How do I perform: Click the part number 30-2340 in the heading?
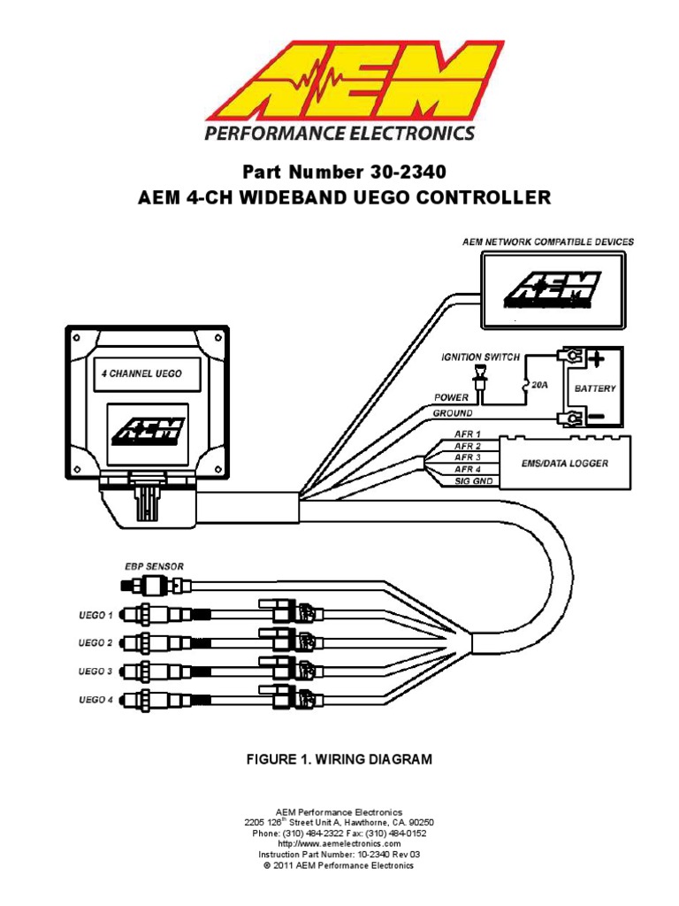[x=408, y=171]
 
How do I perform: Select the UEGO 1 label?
[x=95, y=614]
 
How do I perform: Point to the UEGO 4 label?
[x=95, y=700]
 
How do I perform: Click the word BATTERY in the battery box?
[x=595, y=388]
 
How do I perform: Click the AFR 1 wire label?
[x=468, y=434]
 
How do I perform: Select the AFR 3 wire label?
[x=468, y=457]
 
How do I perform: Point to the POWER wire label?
[x=451, y=397]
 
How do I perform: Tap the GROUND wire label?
[x=453, y=413]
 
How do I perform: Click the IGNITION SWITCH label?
[x=480, y=357]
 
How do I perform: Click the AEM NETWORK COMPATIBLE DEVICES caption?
[x=548, y=242]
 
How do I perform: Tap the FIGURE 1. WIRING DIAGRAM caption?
[x=339, y=760]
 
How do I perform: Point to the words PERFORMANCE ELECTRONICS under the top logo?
[x=339, y=134]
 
